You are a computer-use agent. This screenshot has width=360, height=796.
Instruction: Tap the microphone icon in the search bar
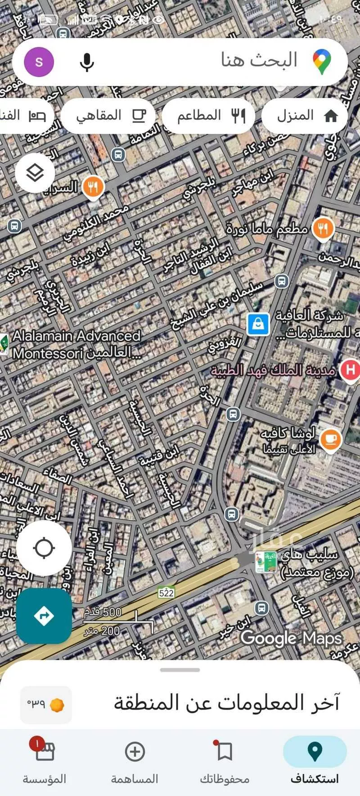86,62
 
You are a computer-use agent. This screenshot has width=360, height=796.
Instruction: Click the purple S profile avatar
39,62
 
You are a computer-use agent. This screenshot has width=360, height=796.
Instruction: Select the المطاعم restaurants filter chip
208,116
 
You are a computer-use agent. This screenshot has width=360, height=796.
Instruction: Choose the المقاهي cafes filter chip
108,116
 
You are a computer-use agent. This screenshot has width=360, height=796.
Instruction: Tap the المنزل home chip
304,116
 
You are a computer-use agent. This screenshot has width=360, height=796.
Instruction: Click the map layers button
35,173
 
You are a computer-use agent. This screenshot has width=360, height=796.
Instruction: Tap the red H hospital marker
350,370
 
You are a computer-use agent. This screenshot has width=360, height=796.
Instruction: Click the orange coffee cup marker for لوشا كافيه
331,439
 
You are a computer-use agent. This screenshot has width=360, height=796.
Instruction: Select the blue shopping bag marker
258,324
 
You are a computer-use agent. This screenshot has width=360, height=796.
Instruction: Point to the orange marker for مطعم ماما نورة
322,229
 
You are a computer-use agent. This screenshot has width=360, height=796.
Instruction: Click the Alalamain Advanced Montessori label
76,344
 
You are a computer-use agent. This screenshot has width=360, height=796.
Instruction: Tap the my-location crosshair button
44,548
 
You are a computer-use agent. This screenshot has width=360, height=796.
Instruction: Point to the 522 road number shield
166,593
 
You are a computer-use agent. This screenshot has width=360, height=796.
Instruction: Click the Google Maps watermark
291,638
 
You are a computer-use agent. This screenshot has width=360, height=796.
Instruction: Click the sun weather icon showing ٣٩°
56,705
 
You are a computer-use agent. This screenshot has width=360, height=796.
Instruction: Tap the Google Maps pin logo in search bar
322,62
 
